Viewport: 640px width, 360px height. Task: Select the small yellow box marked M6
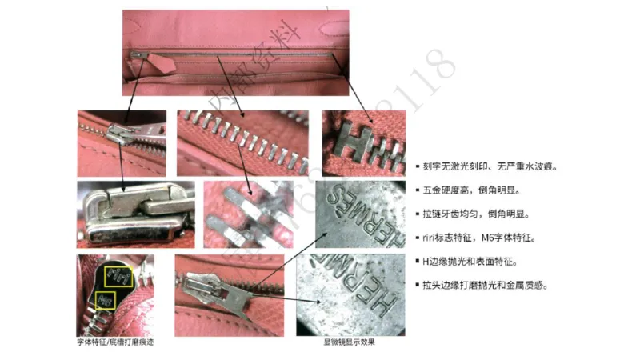(105, 301)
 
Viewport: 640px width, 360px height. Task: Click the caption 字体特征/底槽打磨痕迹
(116, 342)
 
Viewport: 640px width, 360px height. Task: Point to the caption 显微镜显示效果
(349, 342)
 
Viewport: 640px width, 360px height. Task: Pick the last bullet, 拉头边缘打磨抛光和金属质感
(483, 284)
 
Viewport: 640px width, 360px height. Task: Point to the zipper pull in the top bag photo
(139, 57)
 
